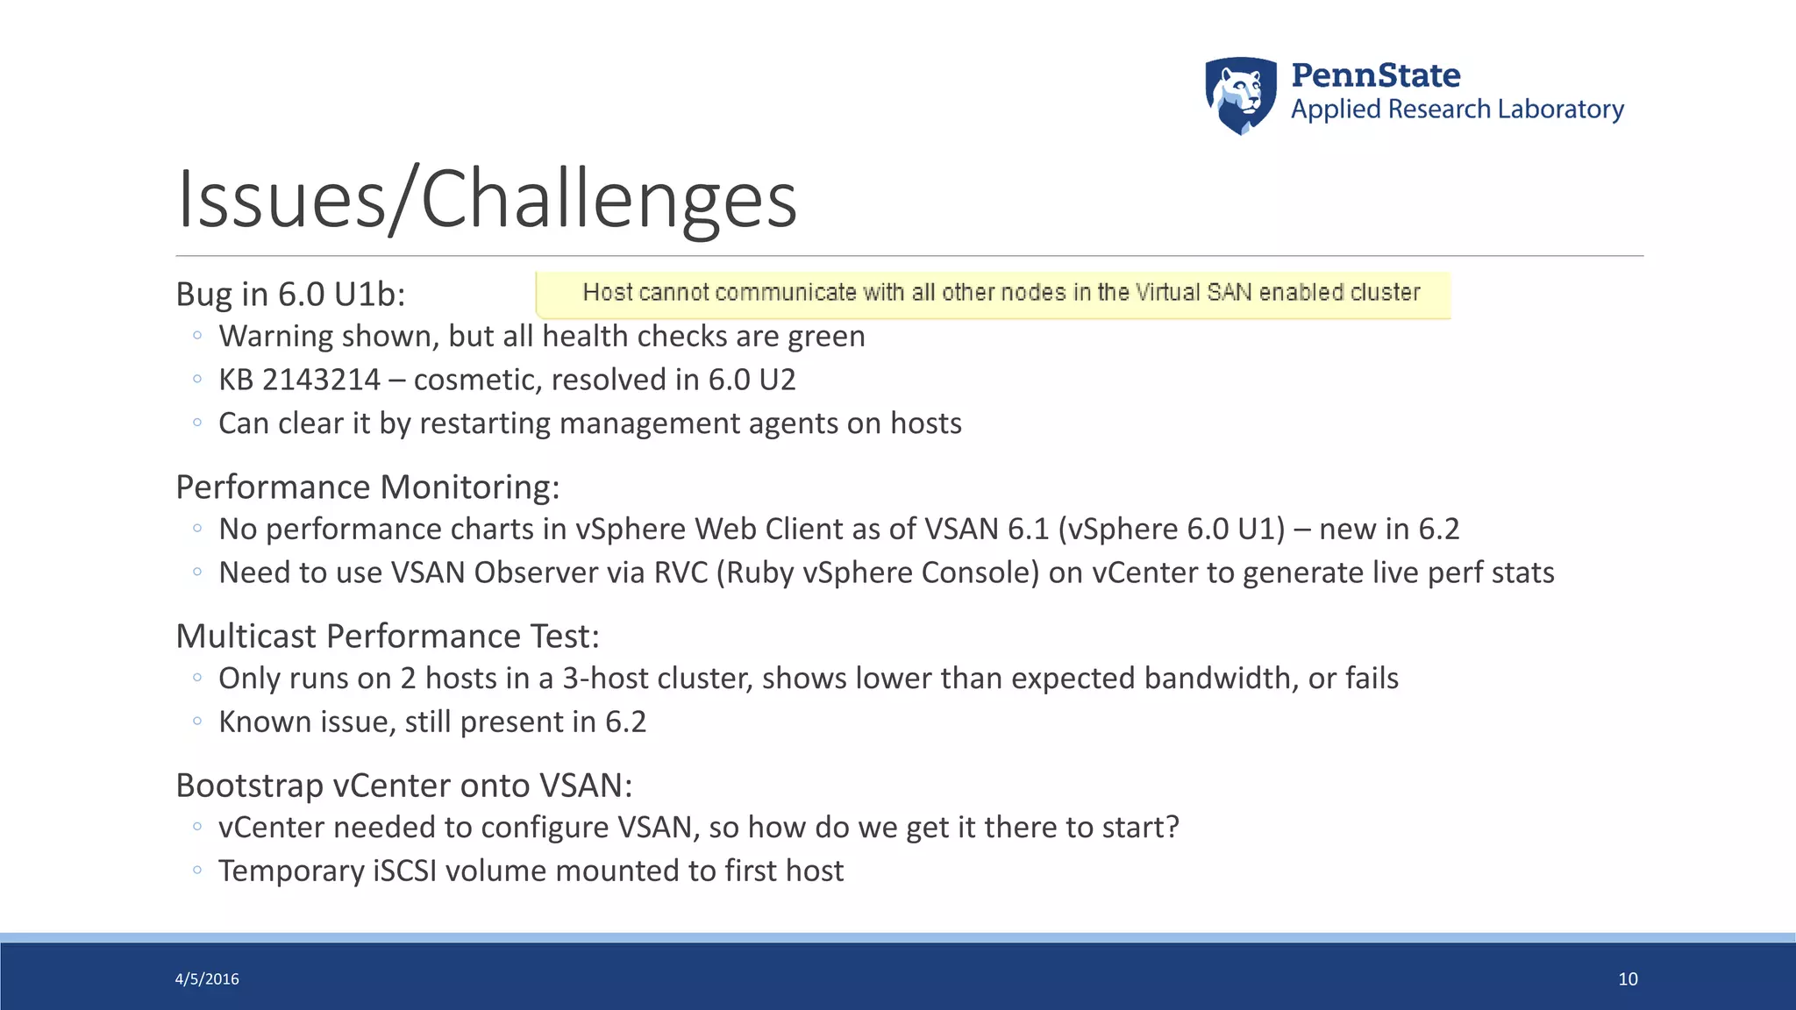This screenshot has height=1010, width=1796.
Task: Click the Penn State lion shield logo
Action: click(1240, 96)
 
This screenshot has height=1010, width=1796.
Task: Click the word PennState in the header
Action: click(1375, 75)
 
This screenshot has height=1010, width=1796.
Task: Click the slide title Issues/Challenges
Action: click(487, 200)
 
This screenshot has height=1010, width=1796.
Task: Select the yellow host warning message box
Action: click(993, 295)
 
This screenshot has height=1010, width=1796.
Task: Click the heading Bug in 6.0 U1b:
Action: click(290, 295)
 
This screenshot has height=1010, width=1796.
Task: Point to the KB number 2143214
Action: click(321, 381)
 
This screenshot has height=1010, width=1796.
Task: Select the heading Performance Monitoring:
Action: click(367, 487)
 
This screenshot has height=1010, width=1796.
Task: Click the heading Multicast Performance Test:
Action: click(388, 637)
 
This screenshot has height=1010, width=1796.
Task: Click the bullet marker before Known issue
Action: click(197, 722)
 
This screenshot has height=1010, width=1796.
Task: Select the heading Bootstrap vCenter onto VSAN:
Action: click(403, 786)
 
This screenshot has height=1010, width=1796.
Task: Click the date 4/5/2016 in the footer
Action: click(207, 979)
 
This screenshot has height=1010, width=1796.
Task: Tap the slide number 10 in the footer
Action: click(1628, 979)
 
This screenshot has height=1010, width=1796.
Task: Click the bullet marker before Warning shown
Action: click(197, 336)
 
